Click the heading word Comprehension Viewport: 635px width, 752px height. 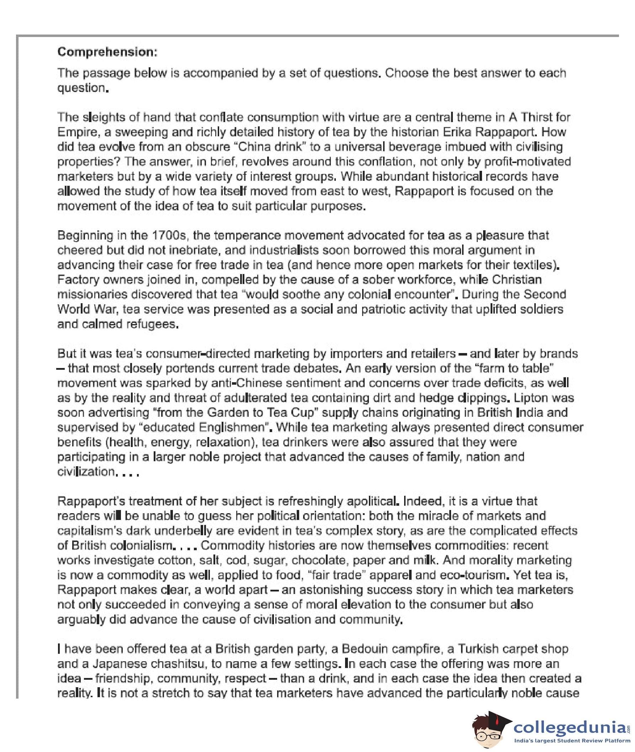[x=107, y=52]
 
